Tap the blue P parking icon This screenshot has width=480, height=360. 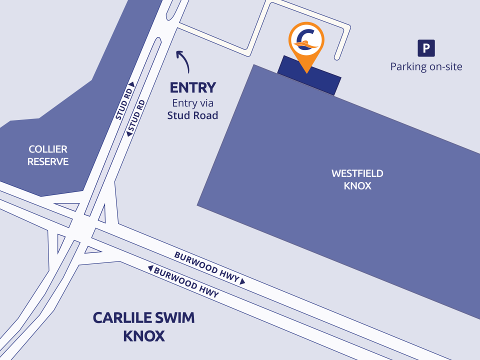(x=426, y=48)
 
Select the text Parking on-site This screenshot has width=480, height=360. (x=426, y=66)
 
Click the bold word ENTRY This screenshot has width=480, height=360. (x=192, y=88)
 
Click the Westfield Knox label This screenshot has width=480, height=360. (x=357, y=180)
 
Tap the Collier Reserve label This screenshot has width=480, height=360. (x=48, y=155)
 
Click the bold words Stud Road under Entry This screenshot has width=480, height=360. (x=192, y=115)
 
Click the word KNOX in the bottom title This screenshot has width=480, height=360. (x=144, y=336)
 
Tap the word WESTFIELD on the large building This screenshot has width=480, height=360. (x=357, y=174)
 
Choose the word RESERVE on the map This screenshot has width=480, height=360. (x=48, y=161)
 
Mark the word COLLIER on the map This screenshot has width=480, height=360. (x=48, y=149)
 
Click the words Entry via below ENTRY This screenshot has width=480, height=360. (x=192, y=103)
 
